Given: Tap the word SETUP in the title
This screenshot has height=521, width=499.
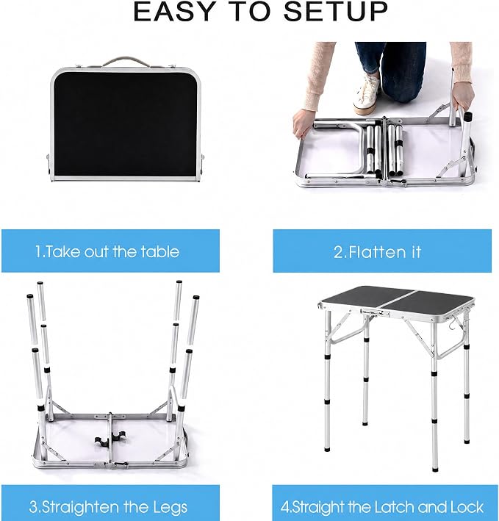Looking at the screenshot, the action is pyautogui.click(x=336, y=12).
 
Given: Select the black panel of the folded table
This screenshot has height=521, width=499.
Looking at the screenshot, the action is pyautogui.click(x=126, y=123).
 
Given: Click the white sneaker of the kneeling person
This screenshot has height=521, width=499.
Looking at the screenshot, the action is pyautogui.click(x=367, y=95).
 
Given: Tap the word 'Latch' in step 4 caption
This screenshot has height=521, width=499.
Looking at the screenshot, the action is pyautogui.click(x=395, y=507).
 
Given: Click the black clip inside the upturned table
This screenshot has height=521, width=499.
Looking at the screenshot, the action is pyautogui.click(x=110, y=438).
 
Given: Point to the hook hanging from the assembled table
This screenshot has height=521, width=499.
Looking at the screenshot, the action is pyautogui.click(x=457, y=320).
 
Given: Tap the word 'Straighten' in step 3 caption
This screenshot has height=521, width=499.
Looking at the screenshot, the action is pyautogui.click(x=80, y=507).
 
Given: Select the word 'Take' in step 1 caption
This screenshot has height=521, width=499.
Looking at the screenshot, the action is pyautogui.click(x=62, y=251).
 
